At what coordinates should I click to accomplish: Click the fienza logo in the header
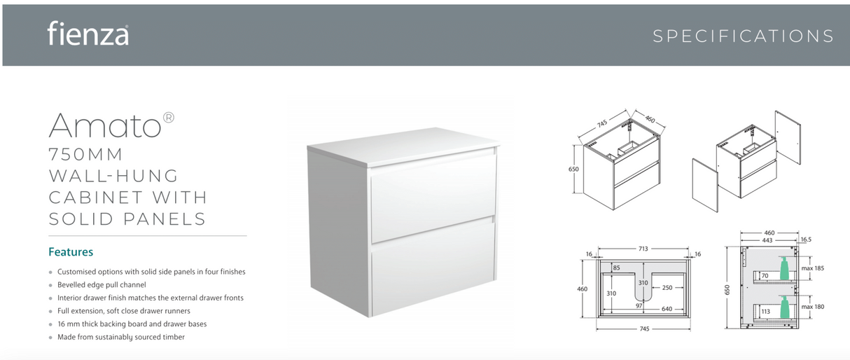(88, 33)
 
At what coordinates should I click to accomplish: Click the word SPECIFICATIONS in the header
(743, 36)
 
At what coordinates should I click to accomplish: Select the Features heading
(71, 252)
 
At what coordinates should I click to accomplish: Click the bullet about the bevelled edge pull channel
(102, 285)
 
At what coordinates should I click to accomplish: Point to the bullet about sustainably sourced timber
(120, 337)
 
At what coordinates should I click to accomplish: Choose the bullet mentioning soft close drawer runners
(123, 311)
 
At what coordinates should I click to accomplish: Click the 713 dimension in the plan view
(642, 248)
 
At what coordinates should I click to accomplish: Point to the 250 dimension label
(667, 287)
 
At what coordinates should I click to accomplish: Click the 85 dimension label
(616, 268)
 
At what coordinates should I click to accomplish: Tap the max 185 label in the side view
(813, 269)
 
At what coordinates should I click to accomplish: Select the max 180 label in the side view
(813, 306)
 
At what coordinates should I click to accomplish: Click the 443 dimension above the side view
(767, 240)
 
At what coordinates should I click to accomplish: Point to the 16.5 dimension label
(805, 240)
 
